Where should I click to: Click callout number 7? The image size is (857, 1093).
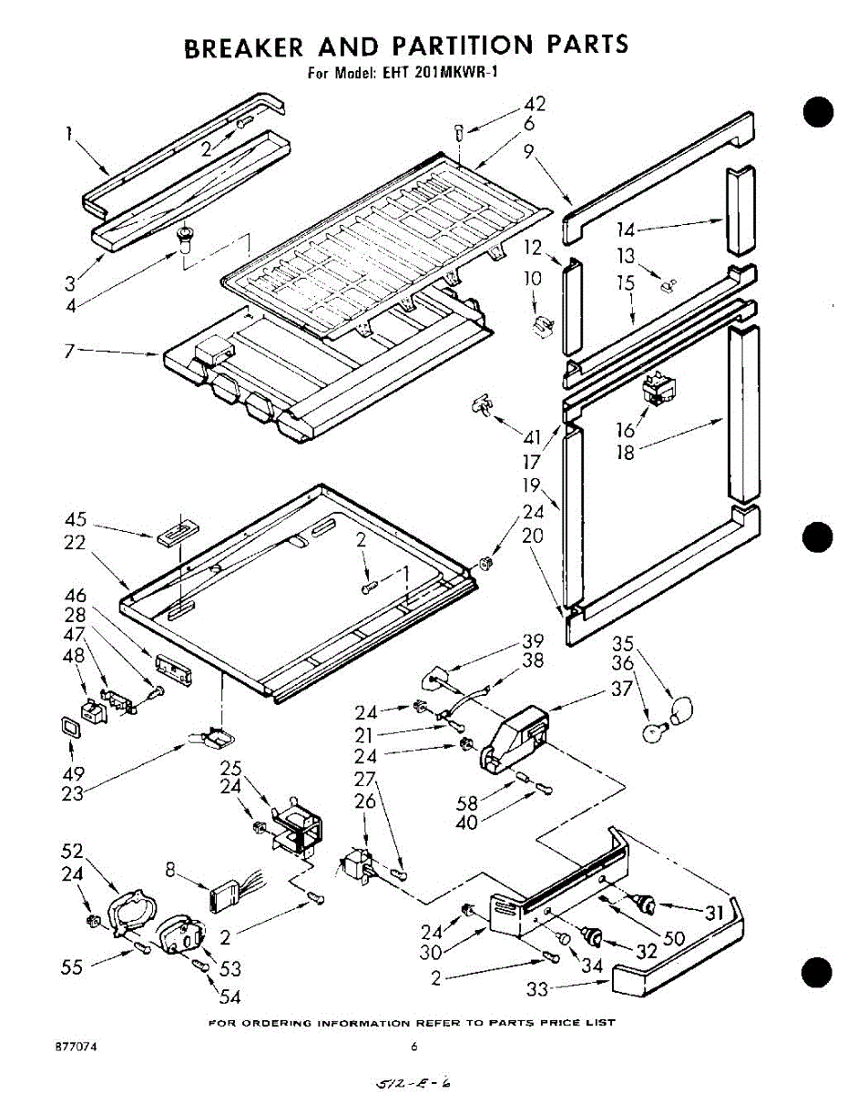click(x=69, y=350)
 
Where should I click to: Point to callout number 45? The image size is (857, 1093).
click(x=76, y=520)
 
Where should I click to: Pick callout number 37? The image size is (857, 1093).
click(x=621, y=690)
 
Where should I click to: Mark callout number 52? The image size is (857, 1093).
click(x=72, y=851)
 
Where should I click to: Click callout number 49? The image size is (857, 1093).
click(x=72, y=773)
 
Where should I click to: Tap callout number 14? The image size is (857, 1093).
click(x=627, y=230)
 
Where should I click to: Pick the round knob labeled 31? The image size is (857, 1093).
click(x=646, y=904)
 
